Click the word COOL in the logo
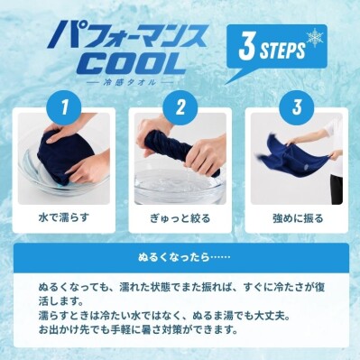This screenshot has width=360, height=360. click(133, 62)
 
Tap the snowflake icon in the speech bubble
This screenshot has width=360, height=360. click(315, 38)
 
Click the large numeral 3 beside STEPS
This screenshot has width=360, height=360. click(247, 47)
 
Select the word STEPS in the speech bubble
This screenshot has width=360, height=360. click(282, 51)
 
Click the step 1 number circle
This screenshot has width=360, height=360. click(64, 107)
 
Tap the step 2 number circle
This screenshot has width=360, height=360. click(180, 107)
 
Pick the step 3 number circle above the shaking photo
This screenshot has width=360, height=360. click(297, 107)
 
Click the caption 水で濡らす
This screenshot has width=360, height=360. click(64, 217)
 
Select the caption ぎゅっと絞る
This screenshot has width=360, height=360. click(180, 218)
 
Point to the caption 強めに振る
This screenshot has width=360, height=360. click(298, 217)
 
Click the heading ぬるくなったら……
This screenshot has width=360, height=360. click(184, 257)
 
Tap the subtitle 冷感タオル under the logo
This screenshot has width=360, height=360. click(129, 82)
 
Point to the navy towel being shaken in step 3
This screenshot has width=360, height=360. click(289, 156)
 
